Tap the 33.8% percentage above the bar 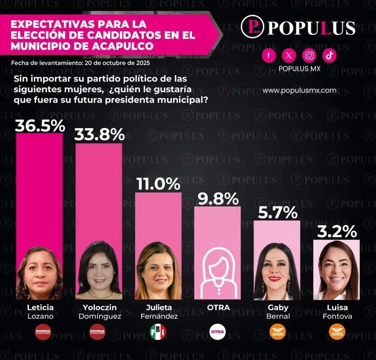click(x=100, y=134)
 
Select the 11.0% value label click(x=158, y=184)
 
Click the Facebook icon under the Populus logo click(x=269, y=55)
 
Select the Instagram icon click(x=309, y=55)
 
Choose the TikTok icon click(x=329, y=55)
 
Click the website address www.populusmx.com click(x=299, y=90)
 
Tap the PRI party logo click(x=158, y=332)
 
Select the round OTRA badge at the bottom click(x=217, y=332)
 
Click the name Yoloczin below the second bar click(x=100, y=308)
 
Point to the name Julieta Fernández click(x=159, y=312)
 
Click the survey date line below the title click(x=80, y=63)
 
